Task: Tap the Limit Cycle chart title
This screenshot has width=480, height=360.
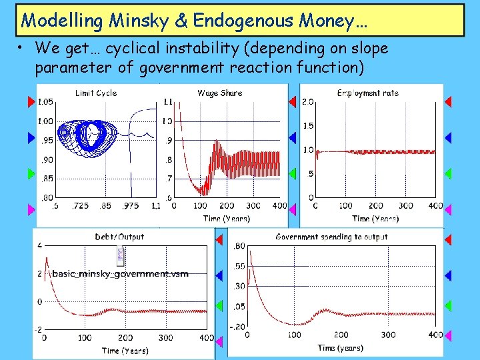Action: (96, 93)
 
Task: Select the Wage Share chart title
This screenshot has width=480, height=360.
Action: (219, 93)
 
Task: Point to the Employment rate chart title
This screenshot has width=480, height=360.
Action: (368, 93)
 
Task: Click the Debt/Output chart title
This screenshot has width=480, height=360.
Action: (119, 237)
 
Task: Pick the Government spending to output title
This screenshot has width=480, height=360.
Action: (331, 237)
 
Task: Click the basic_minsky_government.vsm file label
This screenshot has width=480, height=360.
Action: (120, 273)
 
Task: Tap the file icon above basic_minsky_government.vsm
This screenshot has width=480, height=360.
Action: (121, 255)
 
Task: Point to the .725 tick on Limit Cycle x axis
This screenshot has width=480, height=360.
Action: (82, 206)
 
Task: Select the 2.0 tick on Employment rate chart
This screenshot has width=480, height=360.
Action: (308, 101)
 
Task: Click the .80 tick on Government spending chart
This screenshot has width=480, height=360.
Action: (237, 246)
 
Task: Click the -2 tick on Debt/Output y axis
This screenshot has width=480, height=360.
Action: (39, 330)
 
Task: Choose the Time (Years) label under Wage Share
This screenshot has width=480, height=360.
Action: (227, 218)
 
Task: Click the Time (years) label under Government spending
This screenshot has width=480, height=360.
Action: (340, 347)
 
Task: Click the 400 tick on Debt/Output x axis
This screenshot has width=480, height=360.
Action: (207, 338)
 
